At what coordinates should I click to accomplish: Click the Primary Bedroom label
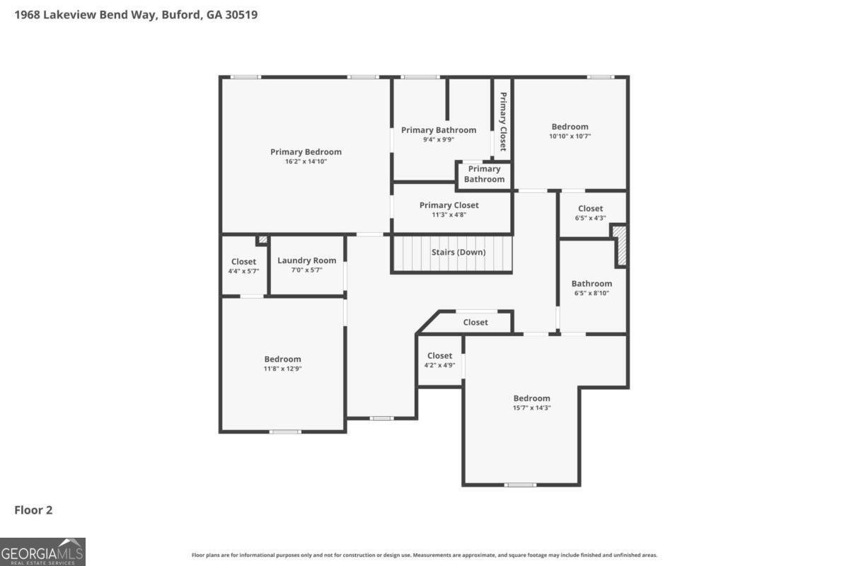coord(306,152)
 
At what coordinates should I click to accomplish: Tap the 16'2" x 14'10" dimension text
coord(306,161)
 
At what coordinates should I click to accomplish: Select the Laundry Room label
coord(306,260)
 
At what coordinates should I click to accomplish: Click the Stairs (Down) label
coord(458,252)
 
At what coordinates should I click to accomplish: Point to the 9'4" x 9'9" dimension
coord(439,139)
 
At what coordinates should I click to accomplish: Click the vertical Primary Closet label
coord(503,122)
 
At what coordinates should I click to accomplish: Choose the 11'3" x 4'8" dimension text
coord(449,215)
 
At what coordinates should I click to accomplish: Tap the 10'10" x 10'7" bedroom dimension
coord(570,136)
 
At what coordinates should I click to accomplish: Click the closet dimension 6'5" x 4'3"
coord(591,218)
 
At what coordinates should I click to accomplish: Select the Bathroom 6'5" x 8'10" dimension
coord(591,293)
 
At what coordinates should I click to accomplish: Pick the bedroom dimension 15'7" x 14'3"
coord(532,408)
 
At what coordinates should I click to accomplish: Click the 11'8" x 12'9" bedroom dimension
coord(283,369)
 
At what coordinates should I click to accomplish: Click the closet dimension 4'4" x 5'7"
coord(243,272)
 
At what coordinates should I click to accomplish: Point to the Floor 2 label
coord(33,510)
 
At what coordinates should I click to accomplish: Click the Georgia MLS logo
coord(42,552)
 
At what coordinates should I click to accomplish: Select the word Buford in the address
coord(182,15)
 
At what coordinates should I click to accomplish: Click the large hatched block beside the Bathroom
coord(620,246)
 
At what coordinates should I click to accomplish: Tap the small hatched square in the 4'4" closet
coord(262,240)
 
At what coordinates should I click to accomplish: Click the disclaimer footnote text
coord(424,555)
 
